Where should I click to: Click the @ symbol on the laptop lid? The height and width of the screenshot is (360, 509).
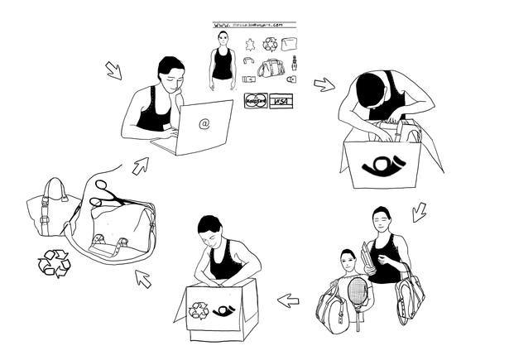click(204, 123)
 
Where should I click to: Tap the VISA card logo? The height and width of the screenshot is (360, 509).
click(281, 102)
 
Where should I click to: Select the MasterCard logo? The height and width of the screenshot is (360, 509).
click(254, 102)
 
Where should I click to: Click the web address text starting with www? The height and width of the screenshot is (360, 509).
click(256, 26)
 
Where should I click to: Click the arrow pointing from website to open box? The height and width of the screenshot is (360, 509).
click(324, 84)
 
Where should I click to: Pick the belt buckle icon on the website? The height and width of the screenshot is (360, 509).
click(247, 80)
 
